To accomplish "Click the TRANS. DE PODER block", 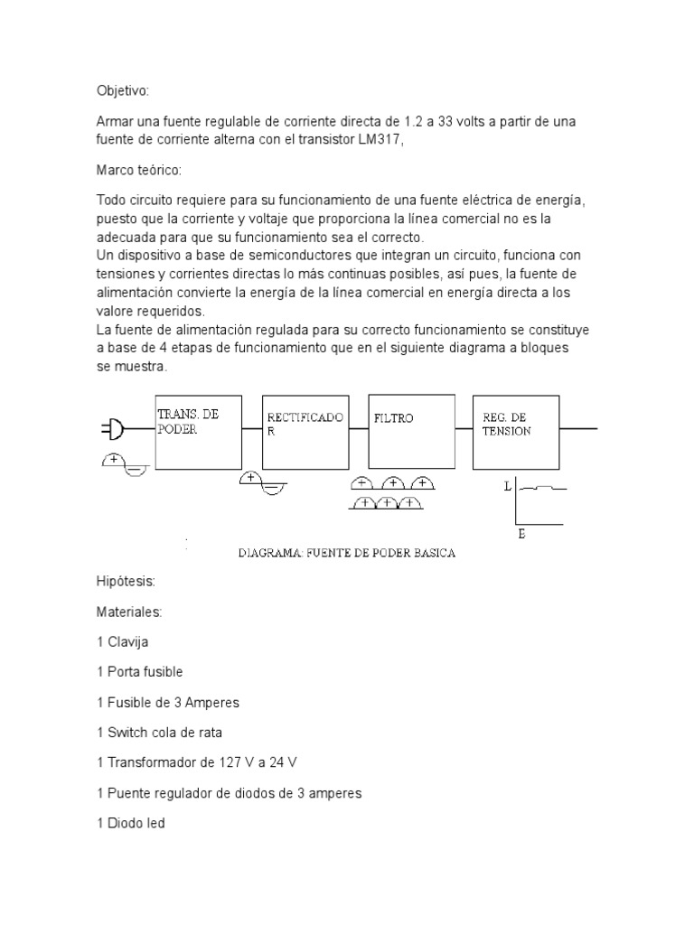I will pos(199,431).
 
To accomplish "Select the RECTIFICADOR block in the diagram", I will pos(305,431).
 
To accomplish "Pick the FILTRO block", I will pos(410,431).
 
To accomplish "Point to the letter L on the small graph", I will pos(508,486).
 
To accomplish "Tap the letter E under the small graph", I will pos(521,535).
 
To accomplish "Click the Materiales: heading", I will pos(129,612).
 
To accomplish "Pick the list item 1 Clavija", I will pos(122,642).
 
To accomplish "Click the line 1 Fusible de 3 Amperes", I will pos(168,703).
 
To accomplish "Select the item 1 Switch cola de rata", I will pos(160,733).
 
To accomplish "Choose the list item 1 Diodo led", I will pos(130,823).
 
